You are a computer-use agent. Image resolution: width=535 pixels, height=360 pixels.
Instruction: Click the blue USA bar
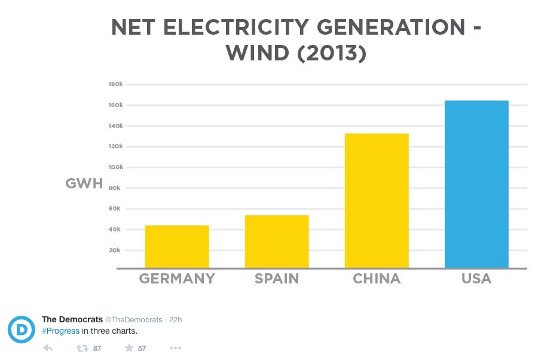click(476, 184)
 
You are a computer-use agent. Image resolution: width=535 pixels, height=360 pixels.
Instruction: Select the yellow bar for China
click(377, 200)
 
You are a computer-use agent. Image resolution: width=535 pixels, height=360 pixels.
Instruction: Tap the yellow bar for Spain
click(277, 241)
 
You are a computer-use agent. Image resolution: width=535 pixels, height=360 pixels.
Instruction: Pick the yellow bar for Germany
click(177, 246)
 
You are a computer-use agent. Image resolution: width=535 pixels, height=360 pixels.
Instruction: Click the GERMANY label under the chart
click(177, 279)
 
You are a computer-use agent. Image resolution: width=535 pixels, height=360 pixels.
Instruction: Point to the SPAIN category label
click(277, 279)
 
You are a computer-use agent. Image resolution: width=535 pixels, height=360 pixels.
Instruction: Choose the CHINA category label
click(377, 279)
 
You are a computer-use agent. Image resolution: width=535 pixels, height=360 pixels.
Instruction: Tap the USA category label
click(476, 279)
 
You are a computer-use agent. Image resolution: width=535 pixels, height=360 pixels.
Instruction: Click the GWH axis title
click(84, 184)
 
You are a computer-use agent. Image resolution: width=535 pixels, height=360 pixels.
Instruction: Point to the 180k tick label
click(115, 84)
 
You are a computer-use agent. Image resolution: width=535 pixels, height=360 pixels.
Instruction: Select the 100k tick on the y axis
click(115, 167)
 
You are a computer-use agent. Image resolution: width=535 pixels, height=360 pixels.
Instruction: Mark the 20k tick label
click(115, 250)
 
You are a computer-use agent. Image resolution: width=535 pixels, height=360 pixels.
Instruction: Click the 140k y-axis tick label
click(115, 126)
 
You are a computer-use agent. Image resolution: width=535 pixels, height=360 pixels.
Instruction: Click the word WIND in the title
click(258, 53)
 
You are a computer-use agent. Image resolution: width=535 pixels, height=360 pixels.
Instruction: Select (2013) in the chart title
click(332, 53)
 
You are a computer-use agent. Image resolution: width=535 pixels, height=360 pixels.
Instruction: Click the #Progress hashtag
click(60, 331)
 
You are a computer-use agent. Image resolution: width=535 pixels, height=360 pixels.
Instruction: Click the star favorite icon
click(129, 348)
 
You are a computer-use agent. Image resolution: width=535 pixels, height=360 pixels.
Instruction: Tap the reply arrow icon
click(48, 348)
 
